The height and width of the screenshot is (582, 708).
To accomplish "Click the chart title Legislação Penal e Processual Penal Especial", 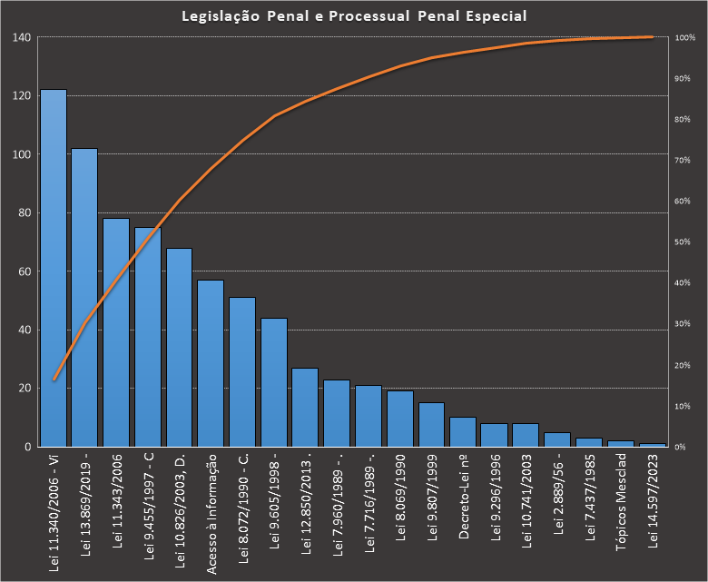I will (x=354, y=16).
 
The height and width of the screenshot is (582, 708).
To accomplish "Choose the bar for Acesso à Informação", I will (x=211, y=363).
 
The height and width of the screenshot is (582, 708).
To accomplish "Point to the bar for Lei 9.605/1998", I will (x=274, y=382).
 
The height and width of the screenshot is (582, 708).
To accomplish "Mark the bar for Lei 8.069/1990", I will (x=400, y=419).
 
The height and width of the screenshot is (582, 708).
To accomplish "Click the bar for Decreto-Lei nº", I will (x=463, y=432).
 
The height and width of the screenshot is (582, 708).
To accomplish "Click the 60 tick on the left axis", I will (x=25, y=271).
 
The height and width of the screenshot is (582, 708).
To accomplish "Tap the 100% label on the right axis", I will (x=685, y=38).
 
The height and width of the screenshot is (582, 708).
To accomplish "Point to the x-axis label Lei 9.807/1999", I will (x=432, y=500).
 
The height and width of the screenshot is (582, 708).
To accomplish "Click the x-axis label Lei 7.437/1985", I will (x=590, y=500).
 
